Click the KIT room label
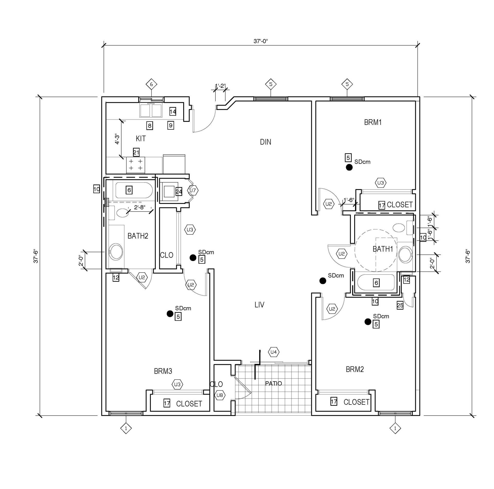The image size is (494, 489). [141, 139]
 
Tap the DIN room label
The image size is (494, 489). [266, 142]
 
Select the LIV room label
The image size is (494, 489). [259, 305]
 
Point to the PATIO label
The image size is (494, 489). [274, 383]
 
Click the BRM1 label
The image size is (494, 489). [373, 122]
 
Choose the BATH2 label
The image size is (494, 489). [138, 236]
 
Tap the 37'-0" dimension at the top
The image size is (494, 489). [261, 41]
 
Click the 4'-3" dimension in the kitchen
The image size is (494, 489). [117, 139]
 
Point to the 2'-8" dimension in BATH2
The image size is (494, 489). [140, 207]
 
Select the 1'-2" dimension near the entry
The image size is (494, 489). [220, 86]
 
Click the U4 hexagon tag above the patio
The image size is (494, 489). [274, 352]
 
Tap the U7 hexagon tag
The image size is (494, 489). [193, 190]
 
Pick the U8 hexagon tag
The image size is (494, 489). [220, 395]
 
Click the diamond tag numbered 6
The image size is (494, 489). [151, 84]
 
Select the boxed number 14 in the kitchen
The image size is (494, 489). [173, 112]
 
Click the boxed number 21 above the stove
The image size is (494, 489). [136, 152]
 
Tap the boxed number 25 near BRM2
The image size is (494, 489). [400, 305]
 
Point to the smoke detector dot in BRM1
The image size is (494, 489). [349, 167]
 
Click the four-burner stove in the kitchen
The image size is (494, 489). [136, 165]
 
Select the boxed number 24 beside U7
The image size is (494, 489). [179, 191]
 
